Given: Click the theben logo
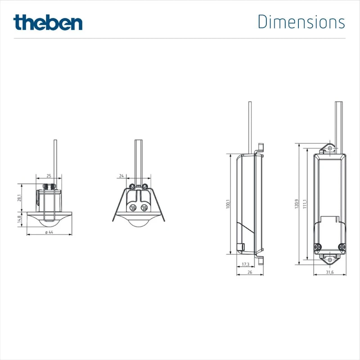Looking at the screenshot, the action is coord(48,22).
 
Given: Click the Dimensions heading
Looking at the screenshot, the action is coord(301,22).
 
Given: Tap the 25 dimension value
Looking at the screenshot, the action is coord(49,176).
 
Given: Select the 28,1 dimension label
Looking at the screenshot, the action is coord(19,198).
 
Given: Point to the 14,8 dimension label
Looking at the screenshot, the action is coord(19,219).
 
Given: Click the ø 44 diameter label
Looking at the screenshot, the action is coord(49,232).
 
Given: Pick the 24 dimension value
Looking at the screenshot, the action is coord(121,176).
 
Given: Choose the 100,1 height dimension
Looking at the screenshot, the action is coord(228,204).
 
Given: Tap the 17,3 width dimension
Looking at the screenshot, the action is coord(245,264).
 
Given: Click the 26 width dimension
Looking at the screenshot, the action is coord(250,272).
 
